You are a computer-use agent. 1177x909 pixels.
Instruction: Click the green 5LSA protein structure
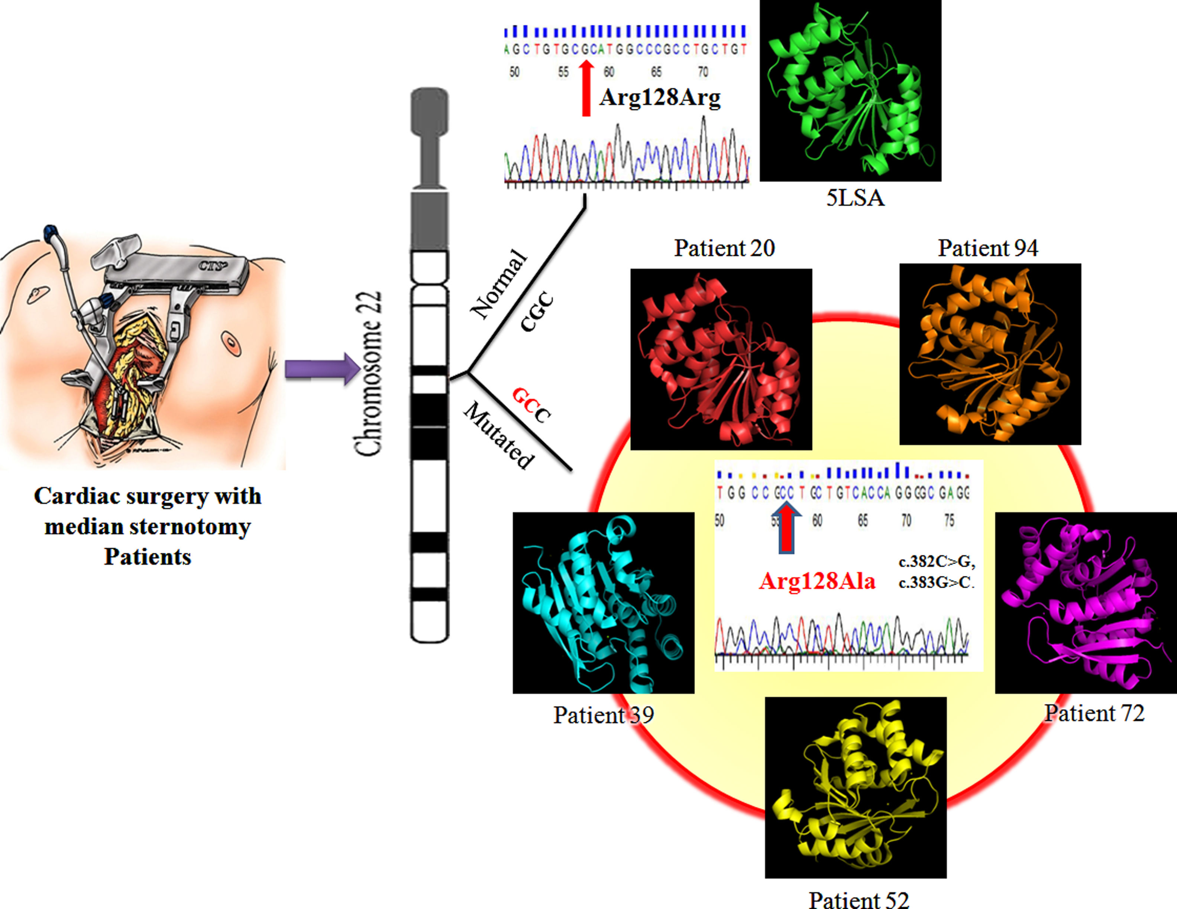click(850, 91)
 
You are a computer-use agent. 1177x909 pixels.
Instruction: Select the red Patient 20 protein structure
click(721, 359)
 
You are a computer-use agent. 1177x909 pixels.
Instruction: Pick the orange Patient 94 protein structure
click(990, 354)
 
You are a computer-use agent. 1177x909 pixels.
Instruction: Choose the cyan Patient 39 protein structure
click(603, 603)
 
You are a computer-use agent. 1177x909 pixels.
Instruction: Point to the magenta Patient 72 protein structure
click(1085, 603)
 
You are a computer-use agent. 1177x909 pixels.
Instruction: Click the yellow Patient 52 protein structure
click(855, 787)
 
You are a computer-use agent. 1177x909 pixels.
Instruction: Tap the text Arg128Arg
click(660, 97)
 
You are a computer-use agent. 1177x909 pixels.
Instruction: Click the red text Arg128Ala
click(817, 581)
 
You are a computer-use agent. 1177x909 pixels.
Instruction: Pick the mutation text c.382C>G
click(937, 562)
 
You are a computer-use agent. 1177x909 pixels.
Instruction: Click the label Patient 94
click(988, 248)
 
